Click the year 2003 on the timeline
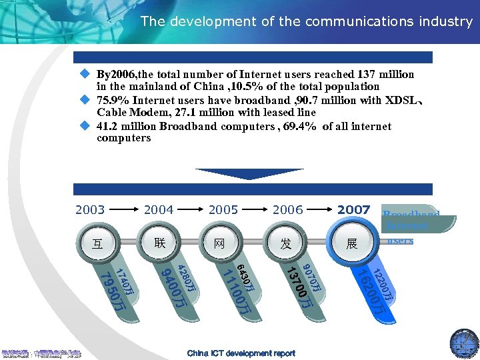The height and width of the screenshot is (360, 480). click(x=90, y=210)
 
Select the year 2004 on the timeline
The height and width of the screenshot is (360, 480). click(x=159, y=210)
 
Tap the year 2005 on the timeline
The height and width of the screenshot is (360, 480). click(x=223, y=210)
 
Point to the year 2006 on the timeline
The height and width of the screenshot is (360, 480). click(x=287, y=210)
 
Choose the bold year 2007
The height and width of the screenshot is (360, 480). click(x=353, y=210)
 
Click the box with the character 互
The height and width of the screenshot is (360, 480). click(x=97, y=244)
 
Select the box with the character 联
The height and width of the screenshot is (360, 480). click(x=159, y=241)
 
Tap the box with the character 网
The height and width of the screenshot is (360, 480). click(x=220, y=244)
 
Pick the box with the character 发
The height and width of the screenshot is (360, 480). click(x=286, y=244)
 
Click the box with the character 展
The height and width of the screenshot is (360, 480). click(x=352, y=244)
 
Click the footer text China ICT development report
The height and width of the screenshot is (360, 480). click(x=241, y=353)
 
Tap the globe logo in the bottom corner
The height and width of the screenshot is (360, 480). click(x=464, y=343)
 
